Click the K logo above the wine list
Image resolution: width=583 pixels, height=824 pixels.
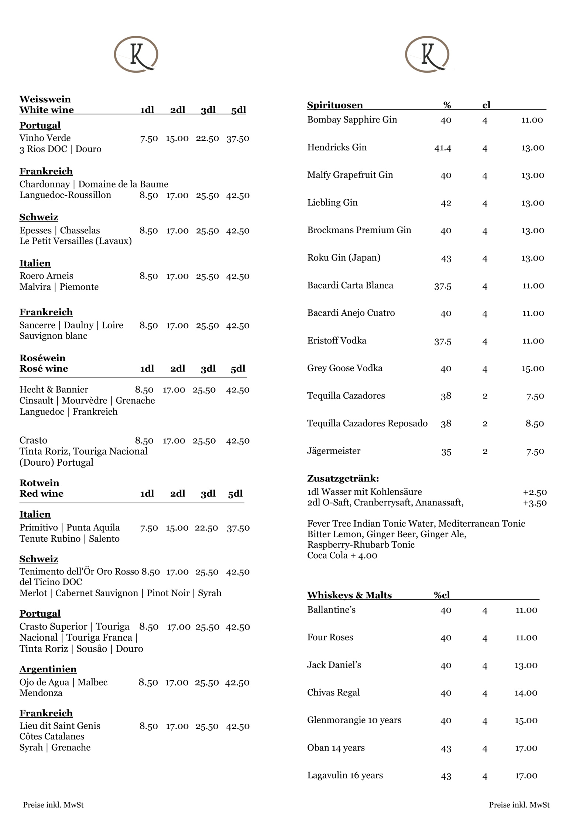(136, 54)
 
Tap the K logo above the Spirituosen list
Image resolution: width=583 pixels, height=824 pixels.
(427, 54)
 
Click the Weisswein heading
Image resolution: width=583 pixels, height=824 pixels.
(45, 99)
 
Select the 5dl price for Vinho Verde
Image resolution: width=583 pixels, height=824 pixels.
(237, 138)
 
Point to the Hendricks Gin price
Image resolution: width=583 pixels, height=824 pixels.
(532, 148)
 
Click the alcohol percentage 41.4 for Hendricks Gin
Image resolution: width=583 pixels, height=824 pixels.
(443, 148)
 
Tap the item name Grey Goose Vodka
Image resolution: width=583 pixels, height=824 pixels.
(345, 368)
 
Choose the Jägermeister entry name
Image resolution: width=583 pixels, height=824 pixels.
(334, 451)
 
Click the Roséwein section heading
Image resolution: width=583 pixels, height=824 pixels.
(42, 358)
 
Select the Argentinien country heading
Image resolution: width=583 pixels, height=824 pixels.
(48, 669)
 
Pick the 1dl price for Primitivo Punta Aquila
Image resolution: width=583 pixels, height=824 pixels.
(149, 528)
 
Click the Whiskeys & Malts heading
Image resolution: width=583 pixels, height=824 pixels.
(349, 595)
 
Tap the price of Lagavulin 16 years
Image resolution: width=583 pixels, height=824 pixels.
(526, 775)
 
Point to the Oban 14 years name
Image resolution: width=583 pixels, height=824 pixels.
(336, 748)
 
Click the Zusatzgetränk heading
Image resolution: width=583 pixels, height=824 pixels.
(343, 478)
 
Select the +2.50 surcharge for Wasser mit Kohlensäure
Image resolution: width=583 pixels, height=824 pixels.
(535, 492)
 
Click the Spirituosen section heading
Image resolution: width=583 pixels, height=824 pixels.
(335, 105)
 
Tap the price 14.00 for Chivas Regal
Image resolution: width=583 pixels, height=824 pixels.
(526, 693)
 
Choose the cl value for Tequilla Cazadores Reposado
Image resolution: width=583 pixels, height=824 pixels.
(485, 424)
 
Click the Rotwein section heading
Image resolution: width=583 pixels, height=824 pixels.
(39, 483)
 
